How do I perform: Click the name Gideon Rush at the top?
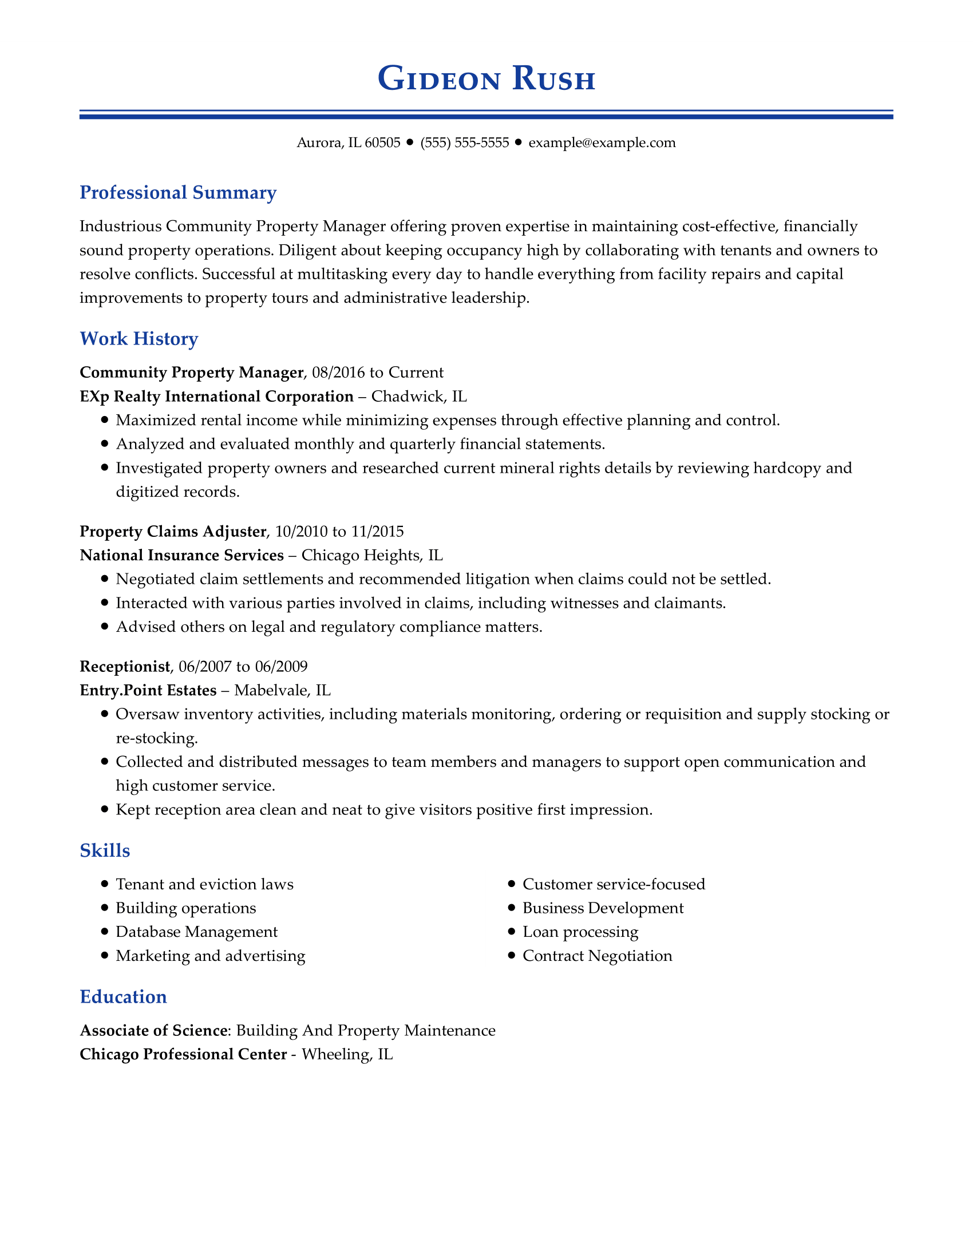tap(486, 79)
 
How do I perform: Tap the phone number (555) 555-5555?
tap(465, 142)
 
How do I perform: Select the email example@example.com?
tap(602, 142)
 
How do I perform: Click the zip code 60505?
tap(382, 142)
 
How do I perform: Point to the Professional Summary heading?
tap(178, 192)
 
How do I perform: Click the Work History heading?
tap(139, 338)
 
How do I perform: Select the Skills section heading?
tap(105, 850)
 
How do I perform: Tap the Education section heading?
tap(124, 997)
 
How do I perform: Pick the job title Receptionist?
tap(125, 666)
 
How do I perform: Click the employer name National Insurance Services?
tap(181, 555)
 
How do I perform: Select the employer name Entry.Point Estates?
tap(148, 690)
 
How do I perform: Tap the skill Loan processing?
tap(580, 932)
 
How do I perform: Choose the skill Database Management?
tap(196, 932)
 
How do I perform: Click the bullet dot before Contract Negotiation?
tap(511, 956)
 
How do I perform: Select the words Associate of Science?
tap(153, 1030)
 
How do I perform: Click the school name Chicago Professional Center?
tap(183, 1054)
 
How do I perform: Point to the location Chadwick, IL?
tap(419, 397)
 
